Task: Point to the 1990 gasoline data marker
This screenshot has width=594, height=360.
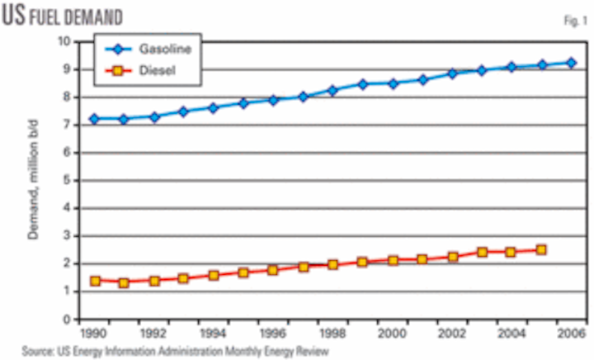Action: pos(95,119)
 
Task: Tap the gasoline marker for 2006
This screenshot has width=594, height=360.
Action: pos(571,63)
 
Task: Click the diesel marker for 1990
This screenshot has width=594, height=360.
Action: pos(95,281)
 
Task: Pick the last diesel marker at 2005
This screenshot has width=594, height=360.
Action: pos(541,249)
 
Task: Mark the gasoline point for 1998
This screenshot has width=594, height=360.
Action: pos(333,91)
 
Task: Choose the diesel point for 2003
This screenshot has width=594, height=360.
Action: pos(482,252)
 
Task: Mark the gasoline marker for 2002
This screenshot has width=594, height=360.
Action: pos(452,74)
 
